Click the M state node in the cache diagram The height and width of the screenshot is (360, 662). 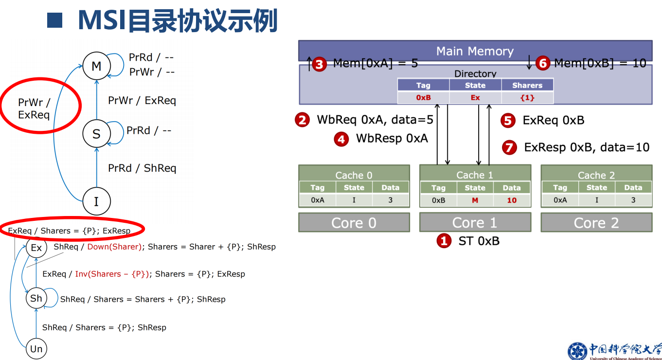(96, 66)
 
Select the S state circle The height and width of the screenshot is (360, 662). (96, 133)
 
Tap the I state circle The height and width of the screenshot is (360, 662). (96, 201)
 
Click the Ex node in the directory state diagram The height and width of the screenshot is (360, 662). (36, 248)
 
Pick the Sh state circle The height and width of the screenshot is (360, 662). (36, 298)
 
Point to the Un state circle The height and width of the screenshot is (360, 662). (36, 349)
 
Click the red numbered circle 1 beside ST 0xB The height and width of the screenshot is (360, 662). (444, 240)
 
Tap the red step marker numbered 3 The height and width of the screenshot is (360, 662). (319, 64)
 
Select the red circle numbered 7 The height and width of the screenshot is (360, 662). (509, 147)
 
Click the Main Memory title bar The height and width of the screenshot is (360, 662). (475, 51)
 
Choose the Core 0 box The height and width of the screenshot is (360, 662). (354, 223)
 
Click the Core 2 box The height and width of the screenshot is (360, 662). (596, 223)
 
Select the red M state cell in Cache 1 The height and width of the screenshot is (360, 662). (475, 200)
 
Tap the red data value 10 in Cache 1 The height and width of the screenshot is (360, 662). (512, 200)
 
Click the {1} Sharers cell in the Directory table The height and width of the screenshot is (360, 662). (527, 98)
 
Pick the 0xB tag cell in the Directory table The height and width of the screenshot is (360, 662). (423, 98)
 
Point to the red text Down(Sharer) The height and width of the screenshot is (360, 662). (114, 247)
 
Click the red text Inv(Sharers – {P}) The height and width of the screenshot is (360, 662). (112, 274)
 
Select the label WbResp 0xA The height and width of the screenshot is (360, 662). (392, 139)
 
